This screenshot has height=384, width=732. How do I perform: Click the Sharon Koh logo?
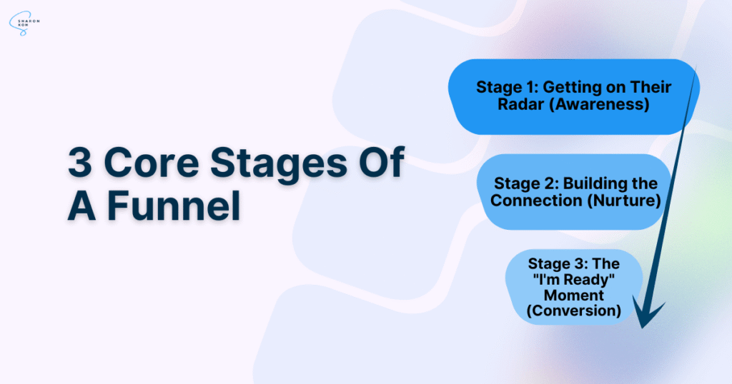coord(24,24)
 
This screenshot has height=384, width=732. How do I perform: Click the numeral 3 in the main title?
coord(79,162)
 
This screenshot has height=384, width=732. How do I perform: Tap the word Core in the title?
coord(154,162)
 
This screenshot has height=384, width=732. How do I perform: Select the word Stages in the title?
coord(279,164)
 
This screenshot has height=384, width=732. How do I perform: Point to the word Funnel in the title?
coord(174,206)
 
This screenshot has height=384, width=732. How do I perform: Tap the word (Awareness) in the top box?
coord(599,104)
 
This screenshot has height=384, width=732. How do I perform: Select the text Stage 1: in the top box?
coord(507,87)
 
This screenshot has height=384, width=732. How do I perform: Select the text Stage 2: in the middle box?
coord(526,183)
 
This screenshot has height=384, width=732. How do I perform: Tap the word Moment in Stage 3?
coord(574,295)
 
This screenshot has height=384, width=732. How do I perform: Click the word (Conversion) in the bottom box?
coord(574,310)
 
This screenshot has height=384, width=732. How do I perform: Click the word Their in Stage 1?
coord(651,87)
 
